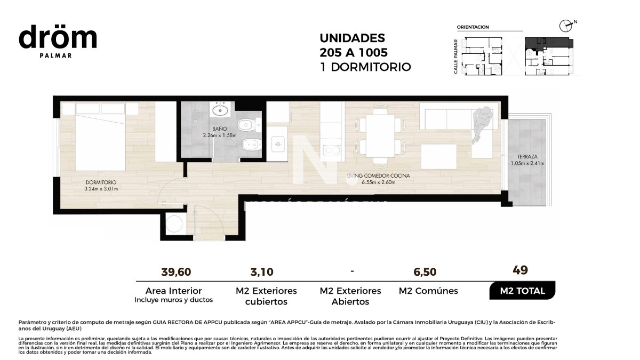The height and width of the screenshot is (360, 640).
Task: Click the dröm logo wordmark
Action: (58, 38)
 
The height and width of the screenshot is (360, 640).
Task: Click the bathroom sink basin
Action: (220, 111)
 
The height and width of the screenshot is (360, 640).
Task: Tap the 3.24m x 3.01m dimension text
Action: (101, 189)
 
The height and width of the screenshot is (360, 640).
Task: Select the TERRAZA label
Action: (526, 157)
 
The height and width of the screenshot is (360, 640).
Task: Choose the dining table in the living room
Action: (381, 135)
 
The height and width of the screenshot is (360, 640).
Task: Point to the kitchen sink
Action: (277, 143)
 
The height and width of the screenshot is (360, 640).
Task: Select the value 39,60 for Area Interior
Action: (176, 272)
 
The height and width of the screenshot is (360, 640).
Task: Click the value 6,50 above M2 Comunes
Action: (425, 272)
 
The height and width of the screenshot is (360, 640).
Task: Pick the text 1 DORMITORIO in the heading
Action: (365, 67)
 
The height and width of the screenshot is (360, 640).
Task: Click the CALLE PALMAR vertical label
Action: (456, 56)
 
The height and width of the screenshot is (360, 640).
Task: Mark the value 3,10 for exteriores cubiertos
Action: (262, 272)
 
